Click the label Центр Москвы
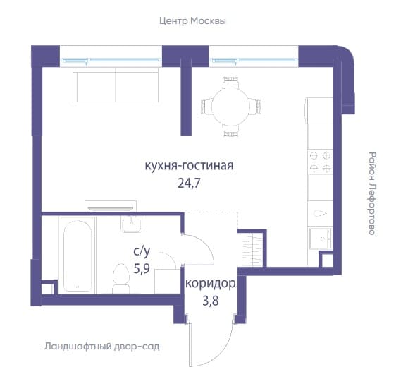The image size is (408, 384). [192, 21]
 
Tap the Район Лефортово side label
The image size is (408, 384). [373, 193]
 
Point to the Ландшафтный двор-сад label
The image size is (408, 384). [101, 347]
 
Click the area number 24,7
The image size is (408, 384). [189, 184]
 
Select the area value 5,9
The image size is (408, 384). [142, 268]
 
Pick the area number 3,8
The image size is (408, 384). [210, 301]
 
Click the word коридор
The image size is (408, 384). [211, 284]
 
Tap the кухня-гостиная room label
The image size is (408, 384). [189, 166]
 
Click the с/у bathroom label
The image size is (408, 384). [142, 251]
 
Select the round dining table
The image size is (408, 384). [231, 107]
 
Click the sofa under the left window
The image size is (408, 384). [116, 85]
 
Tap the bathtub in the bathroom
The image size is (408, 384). [78, 256]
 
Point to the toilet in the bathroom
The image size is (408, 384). [121, 279]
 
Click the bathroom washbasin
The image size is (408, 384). [131, 224]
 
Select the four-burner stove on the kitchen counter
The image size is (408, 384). [320, 162]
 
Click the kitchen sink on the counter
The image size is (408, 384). [321, 239]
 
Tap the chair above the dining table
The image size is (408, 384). [231, 82]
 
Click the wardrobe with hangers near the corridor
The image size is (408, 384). [251, 249]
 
